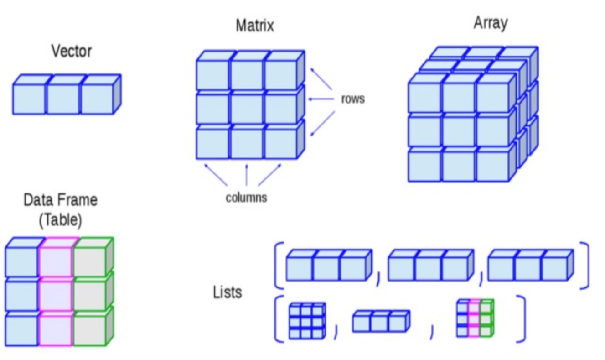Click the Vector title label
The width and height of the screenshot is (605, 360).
coord(71,51)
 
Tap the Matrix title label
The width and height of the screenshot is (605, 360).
coord(255,26)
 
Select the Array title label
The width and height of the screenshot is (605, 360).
coord(490,23)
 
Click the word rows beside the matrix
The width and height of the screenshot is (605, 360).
coord(353,99)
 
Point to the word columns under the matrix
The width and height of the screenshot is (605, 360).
coord(246,198)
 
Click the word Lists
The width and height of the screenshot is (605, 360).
coord(227,292)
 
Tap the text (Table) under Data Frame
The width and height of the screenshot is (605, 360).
coord(61,220)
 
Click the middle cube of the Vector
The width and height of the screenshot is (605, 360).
coord(63,99)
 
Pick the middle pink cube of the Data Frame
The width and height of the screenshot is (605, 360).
coord(57,295)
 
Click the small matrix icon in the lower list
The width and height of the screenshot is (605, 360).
coord(306,321)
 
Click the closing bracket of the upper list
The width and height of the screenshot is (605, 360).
coord(584,266)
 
